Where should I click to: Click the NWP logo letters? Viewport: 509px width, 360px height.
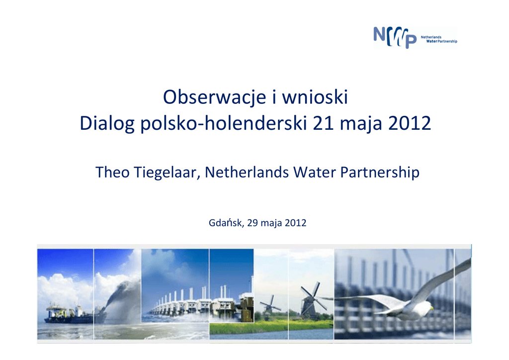[x=395, y=37]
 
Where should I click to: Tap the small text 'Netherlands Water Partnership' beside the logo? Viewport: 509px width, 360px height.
[x=439, y=39]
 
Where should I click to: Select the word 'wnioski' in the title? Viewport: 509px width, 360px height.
[x=315, y=97]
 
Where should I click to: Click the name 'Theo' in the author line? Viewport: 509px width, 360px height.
[x=112, y=172]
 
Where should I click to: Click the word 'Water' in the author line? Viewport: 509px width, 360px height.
[x=315, y=172]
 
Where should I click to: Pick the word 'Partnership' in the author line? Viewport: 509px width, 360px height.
[x=380, y=173]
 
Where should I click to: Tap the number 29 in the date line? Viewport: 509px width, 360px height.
[x=252, y=223]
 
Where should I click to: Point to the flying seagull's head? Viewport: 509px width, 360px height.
[x=428, y=306]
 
